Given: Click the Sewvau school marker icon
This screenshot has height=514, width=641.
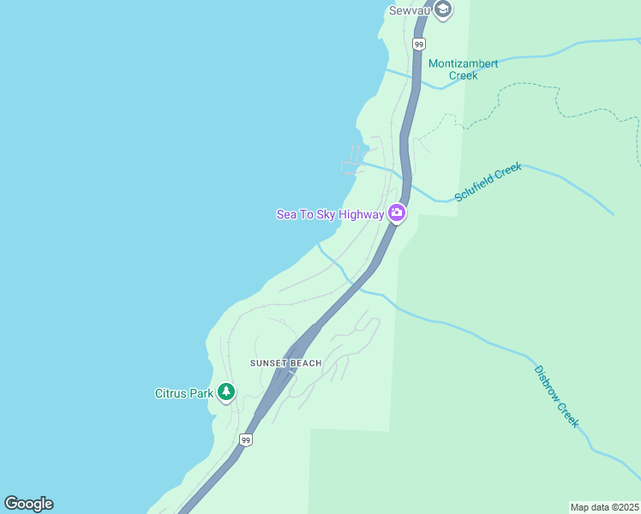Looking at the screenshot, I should tap(442, 9).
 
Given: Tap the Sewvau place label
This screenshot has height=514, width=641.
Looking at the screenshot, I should tap(408, 10).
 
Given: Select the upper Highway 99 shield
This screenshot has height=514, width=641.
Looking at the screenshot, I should tap(418, 43).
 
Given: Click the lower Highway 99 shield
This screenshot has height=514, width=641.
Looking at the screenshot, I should tap(246, 439).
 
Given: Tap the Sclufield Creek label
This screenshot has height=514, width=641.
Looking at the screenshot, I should tap(488, 182).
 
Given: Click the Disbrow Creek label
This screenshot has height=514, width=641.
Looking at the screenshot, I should tap(556, 397).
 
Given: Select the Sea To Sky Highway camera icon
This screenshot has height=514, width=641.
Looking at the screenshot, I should tap(396, 213).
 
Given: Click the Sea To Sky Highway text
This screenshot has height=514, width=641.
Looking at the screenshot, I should tap(330, 214).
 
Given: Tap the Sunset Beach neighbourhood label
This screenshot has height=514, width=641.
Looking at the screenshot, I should tap(285, 363).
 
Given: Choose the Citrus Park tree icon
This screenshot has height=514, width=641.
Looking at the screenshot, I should tap(225, 392).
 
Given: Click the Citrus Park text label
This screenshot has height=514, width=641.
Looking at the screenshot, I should tap(183, 394).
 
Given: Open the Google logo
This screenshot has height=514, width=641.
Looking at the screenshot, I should tap(28, 504).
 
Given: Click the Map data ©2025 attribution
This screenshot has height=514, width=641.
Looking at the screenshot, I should tap(605, 507).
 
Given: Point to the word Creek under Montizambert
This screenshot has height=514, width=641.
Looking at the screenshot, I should tap(464, 75).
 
